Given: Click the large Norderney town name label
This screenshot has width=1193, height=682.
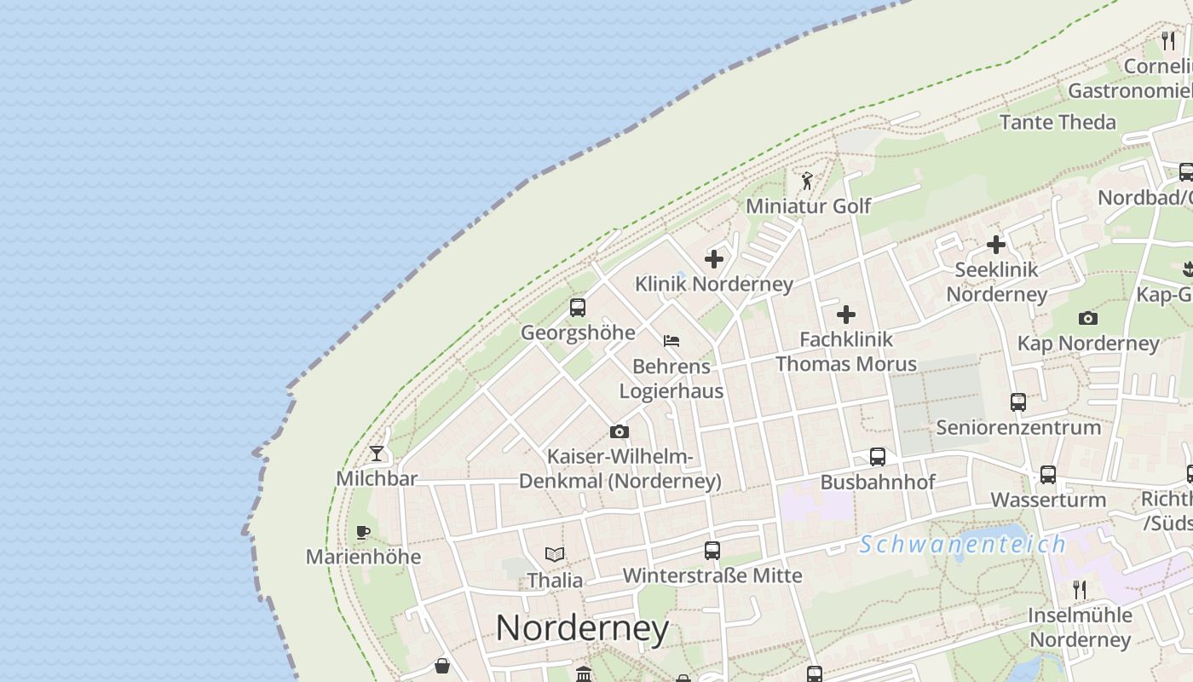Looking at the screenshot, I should (x=582, y=629).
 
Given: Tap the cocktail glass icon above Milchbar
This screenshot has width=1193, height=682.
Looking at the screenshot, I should (x=377, y=453).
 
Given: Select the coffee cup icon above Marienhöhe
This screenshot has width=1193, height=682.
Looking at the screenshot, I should (x=363, y=533).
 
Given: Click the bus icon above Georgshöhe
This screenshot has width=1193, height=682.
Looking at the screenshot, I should (x=578, y=308).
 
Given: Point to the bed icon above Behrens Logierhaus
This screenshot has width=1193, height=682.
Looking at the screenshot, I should (x=671, y=341).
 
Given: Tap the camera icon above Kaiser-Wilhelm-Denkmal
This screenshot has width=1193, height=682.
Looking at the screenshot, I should (x=620, y=432).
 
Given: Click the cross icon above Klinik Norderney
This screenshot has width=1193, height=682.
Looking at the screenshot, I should (x=714, y=259).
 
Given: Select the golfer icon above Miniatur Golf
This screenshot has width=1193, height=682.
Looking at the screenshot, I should (x=807, y=181).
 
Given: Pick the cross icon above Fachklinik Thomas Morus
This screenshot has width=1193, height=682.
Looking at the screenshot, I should (x=846, y=315).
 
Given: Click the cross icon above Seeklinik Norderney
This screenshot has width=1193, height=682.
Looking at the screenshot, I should (x=995, y=246).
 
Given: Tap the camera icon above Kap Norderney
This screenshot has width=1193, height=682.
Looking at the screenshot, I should (x=1088, y=319).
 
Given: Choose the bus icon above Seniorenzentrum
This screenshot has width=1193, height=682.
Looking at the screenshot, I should (x=1017, y=402).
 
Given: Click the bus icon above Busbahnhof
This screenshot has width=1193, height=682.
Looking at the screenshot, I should (x=878, y=457).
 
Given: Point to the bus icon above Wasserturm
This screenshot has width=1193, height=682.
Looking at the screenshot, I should (x=1048, y=475).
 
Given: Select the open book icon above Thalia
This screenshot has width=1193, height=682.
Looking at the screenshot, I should (x=555, y=555).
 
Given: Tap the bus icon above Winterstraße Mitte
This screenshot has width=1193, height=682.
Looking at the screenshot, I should (x=712, y=551).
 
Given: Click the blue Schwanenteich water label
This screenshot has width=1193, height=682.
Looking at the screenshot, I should (x=962, y=544).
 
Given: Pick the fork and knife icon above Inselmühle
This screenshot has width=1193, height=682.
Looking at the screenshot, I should (x=1079, y=590).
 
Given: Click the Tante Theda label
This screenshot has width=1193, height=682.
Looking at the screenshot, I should (x=1058, y=122).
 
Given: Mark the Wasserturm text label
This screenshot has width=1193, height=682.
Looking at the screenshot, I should (x=1048, y=500).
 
